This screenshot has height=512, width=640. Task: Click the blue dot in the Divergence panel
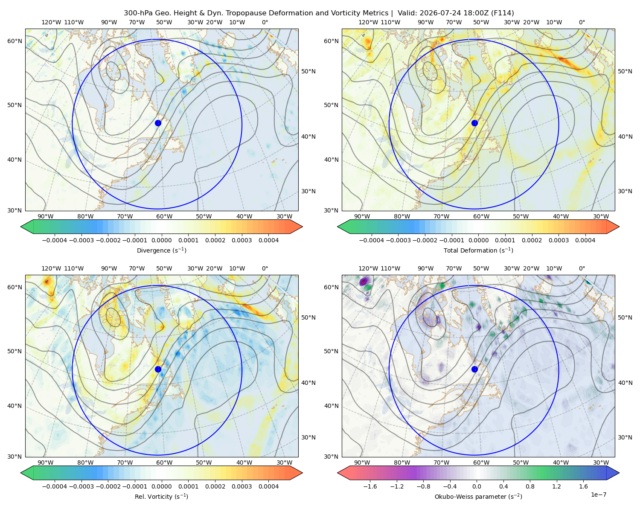pyautogui.click(x=158, y=123)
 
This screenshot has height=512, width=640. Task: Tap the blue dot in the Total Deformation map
pyautogui.click(x=474, y=123)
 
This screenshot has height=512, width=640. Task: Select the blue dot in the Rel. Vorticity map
pyautogui.click(x=158, y=369)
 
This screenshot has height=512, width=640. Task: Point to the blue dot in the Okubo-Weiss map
pyautogui.click(x=474, y=369)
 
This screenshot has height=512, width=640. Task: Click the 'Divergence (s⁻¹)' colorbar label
pyautogui.click(x=161, y=250)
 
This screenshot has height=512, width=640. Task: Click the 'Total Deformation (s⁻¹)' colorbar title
pyautogui.click(x=478, y=250)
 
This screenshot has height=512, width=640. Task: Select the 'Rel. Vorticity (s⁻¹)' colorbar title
pyautogui.click(x=161, y=496)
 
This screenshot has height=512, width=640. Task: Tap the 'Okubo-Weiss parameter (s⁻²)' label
pyautogui.click(x=478, y=496)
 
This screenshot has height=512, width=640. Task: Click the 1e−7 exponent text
pyautogui.click(x=598, y=495)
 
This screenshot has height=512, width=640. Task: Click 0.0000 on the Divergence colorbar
pyautogui.click(x=161, y=240)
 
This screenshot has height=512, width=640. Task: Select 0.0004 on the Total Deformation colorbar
pyautogui.click(x=585, y=240)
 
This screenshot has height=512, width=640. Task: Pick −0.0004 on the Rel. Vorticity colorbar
pyautogui.click(x=55, y=486)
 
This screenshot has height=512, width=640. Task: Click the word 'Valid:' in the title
pyautogui.click(x=407, y=13)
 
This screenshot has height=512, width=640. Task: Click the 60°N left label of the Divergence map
pyautogui.click(x=15, y=41)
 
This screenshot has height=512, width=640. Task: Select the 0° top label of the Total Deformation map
pyautogui.click(x=582, y=22)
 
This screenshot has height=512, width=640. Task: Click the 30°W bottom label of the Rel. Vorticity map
pyautogui.click(x=284, y=463)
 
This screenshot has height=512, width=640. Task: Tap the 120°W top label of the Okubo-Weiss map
pyautogui.click(x=368, y=268)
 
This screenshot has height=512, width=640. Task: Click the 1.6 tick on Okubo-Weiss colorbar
pyautogui.click(x=583, y=486)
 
